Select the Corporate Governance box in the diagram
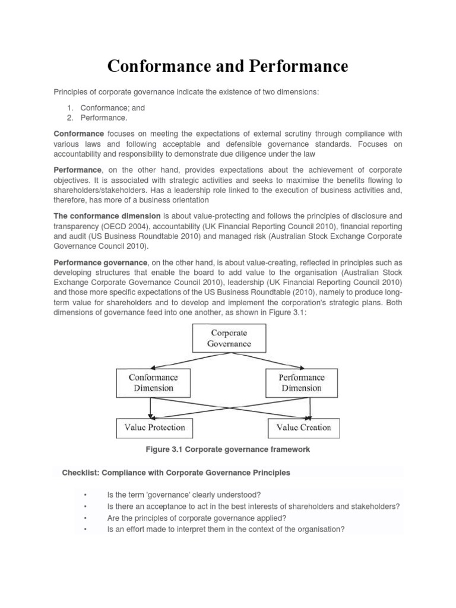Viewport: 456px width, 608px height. point(229,338)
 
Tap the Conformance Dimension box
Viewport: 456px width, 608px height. point(153,382)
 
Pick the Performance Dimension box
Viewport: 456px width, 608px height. point(302,382)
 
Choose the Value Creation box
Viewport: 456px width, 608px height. point(304,427)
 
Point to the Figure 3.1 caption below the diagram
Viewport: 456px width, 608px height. point(228,449)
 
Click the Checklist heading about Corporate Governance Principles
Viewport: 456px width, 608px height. point(176,473)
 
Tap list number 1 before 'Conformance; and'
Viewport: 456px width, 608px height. point(70,108)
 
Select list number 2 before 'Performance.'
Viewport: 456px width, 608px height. point(70,118)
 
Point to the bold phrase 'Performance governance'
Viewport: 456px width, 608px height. point(100,262)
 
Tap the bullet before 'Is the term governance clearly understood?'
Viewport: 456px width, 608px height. point(86,495)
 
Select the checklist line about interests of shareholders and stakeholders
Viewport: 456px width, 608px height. point(253,506)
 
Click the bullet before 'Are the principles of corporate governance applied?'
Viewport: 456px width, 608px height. point(86,517)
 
